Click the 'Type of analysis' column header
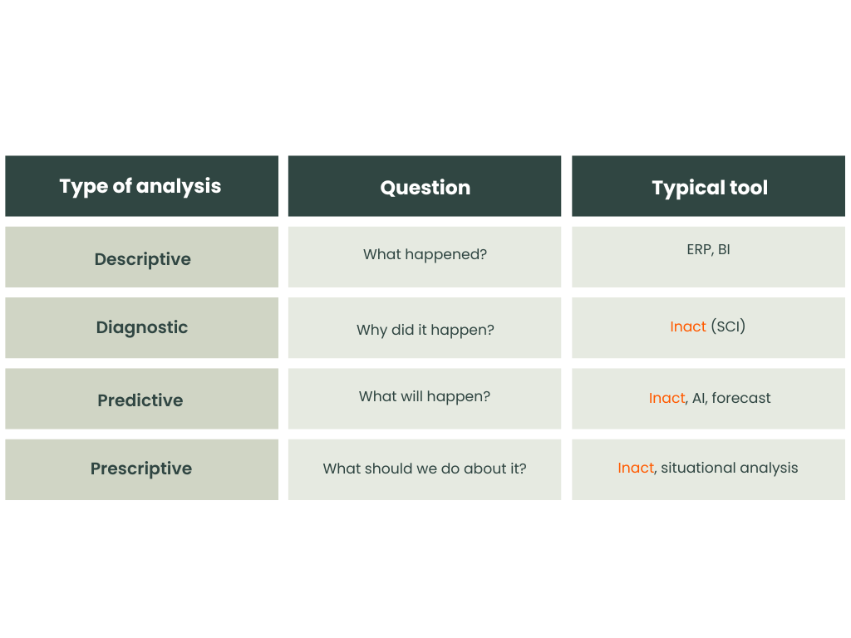tap(140, 186)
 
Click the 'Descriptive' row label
tap(143, 259)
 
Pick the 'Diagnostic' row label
tap(142, 327)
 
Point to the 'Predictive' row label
tap(140, 400)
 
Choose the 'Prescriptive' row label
tap(141, 469)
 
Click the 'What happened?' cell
tap(425, 254)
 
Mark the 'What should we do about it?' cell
tap(425, 469)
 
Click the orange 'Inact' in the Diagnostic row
tap(687, 326)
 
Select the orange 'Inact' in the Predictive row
tap(667, 398)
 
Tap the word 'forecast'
tap(740, 398)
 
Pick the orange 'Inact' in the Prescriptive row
tap(636, 468)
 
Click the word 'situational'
tap(697, 468)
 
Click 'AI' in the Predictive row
tap(698, 398)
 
